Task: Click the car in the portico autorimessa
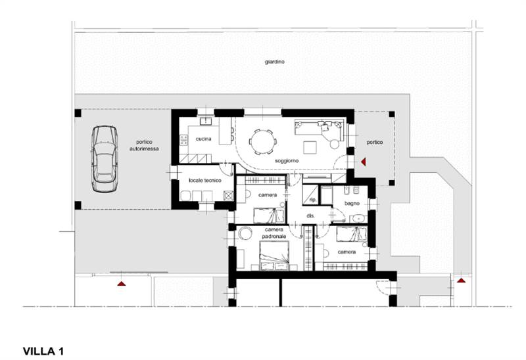(x=105, y=159)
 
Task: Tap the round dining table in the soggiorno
(x=263, y=142)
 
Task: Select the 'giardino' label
(x=274, y=62)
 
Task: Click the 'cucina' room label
(x=204, y=139)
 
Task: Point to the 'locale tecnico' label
(x=205, y=181)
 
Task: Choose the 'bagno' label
(x=352, y=204)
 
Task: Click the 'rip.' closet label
(x=313, y=200)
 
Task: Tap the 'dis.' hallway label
(x=310, y=216)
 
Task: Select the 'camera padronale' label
(x=274, y=233)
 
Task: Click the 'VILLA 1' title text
(x=43, y=351)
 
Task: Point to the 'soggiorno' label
(x=287, y=161)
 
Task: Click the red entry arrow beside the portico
(x=364, y=162)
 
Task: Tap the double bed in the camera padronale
(x=274, y=256)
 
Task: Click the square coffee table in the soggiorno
(x=310, y=146)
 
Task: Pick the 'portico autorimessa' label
(x=144, y=145)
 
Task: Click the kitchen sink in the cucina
(x=205, y=121)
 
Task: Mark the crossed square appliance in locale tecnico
(x=228, y=195)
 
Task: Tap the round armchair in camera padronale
(x=245, y=233)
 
